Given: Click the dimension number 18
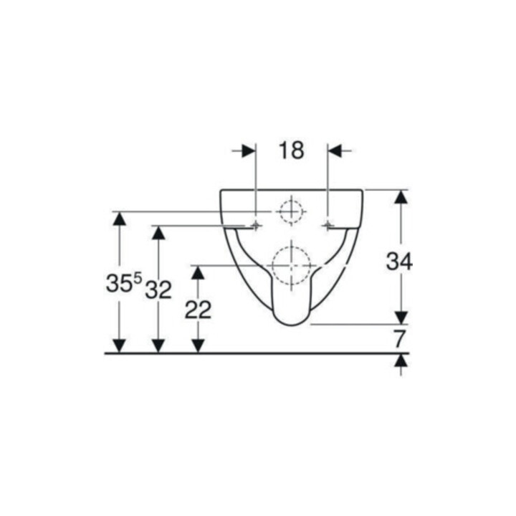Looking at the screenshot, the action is tap(291, 150).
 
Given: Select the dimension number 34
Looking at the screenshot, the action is tap(399, 262).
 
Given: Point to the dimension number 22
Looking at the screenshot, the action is tap(198, 310).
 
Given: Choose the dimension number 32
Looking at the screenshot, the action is tap(158, 290).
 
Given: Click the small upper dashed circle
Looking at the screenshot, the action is tap(291, 211).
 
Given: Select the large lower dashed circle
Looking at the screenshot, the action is tap(291, 265).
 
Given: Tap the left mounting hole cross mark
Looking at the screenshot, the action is tap(256, 226).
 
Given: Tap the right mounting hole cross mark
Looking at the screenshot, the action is tap(328, 226).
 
